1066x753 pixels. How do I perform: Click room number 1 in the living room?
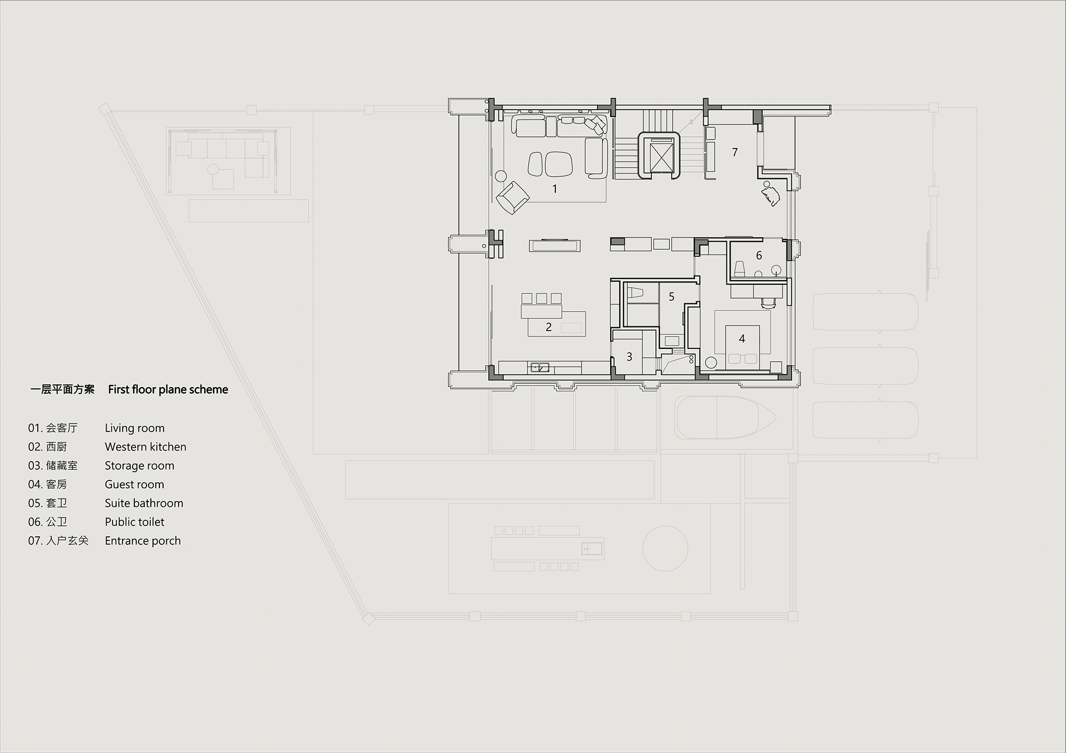tap(555, 189)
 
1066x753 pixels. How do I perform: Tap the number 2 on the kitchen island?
tap(548, 327)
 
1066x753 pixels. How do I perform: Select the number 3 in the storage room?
tap(629, 357)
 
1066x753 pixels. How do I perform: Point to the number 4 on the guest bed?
tap(742, 339)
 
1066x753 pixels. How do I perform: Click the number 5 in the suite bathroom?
tap(672, 297)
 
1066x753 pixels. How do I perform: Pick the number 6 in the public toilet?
tap(759, 256)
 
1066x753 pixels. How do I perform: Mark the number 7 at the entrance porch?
tap(735, 152)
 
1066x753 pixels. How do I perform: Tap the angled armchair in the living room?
tap(512, 198)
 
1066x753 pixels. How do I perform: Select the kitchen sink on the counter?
tap(539, 367)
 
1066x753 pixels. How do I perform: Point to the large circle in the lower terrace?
tap(665, 549)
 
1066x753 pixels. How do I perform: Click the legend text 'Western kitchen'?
tap(146, 447)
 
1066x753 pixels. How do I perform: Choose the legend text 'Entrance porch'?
tap(143, 541)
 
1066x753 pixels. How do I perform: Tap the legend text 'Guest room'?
tap(134, 484)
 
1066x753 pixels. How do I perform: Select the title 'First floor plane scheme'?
tap(168, 389)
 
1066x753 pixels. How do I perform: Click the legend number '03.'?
tap(35, 465)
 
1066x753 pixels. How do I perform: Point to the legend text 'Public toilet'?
tap(134, 522)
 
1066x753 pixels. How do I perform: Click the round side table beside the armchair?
tap(500, 175)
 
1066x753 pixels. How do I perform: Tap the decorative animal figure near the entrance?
tap(771, 194)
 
